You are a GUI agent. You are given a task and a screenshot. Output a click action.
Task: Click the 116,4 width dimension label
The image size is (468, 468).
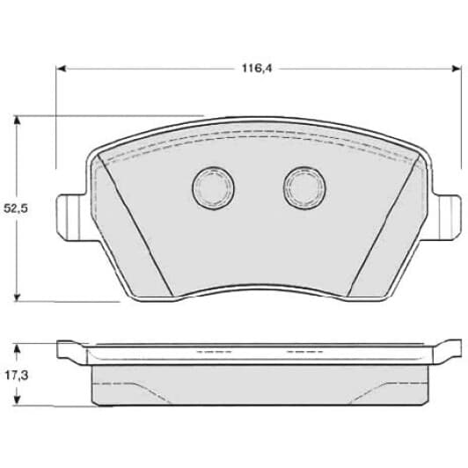pyautogui.click(x=257, y=69)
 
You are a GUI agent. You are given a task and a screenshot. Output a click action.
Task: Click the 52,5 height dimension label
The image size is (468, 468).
pyautogui.click(x=16, y=208)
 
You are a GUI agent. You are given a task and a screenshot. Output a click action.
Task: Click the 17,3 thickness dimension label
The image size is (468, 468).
pyautogui.click(x=17, y=376)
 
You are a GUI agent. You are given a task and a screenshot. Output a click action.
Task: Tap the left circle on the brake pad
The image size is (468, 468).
pyautogui.click(x=213, y=188)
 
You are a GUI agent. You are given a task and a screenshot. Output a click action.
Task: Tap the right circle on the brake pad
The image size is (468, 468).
pyautogui.click(x=304, y=187)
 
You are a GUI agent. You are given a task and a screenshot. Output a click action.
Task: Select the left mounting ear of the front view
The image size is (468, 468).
pyautogui.click(x=71, y=217)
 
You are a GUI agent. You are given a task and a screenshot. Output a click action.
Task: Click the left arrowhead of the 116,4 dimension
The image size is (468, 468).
pyautogui.click(x=61, y=69)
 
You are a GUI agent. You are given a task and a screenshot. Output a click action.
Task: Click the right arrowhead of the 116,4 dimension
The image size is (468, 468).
pyautogui.click(x=457, y=69)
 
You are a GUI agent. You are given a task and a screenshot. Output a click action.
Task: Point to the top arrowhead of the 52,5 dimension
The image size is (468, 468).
pyautogui.click(x=17, y=120)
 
